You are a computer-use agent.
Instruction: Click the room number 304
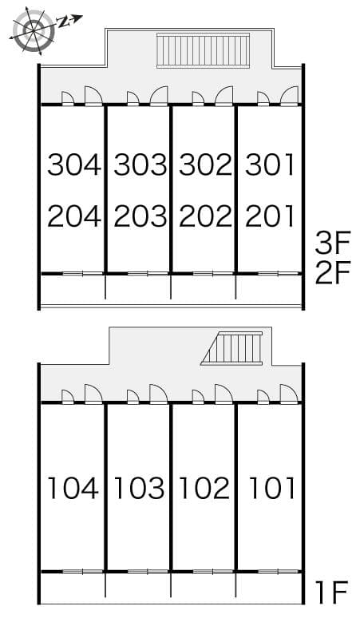click(74, 164)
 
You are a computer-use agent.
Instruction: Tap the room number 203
click(140, 216)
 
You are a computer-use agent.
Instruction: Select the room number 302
click(206, 164)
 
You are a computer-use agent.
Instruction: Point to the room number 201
click(270, 216)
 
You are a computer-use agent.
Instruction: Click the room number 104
click(73, 488)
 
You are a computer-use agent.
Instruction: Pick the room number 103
click(139, 488)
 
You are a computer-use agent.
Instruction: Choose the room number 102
click(204, 488)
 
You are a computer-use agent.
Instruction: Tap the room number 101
click(272, 488)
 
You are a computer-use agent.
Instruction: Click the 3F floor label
click(333, 244)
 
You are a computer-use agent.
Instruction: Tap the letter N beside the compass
click(63, 22)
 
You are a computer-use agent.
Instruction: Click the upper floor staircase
click(204, 50)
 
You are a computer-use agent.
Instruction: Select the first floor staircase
click(232, 348)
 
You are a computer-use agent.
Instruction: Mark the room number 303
click(140, 164)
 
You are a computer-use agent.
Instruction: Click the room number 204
click(74, 216)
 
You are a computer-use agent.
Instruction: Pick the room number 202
click(206, 216)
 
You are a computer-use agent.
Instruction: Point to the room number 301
click(270, 164)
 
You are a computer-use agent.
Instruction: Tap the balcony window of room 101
click(278, 572)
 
